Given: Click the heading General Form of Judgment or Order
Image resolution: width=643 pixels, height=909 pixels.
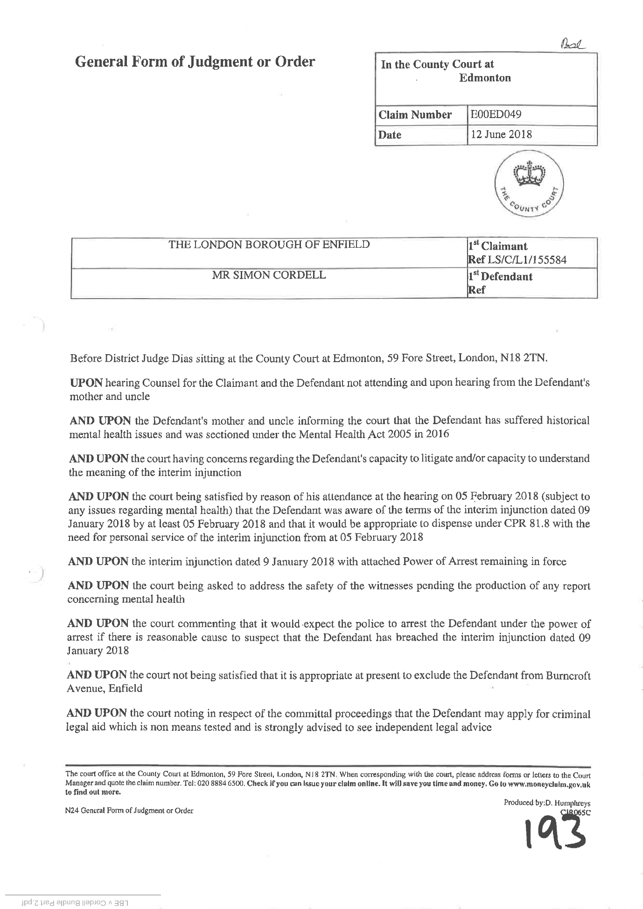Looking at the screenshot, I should coord(195,62).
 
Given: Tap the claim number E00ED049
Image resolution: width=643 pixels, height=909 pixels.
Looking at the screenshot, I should coord(496,114).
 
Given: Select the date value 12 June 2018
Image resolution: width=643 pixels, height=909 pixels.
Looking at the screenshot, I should coord(501,134).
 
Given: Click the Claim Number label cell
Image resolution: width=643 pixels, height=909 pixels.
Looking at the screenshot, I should coord(415,115).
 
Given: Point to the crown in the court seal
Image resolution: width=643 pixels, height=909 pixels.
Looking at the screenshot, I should coord(529,174).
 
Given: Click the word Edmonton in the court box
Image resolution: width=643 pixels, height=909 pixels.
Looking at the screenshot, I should coord(485,77).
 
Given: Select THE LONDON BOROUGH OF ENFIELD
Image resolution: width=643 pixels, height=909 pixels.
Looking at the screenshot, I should coord(269,244).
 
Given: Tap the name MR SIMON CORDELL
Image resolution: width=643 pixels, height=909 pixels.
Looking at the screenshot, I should coord(269,275).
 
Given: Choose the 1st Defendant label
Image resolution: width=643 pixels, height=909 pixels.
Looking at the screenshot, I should coord(500,277).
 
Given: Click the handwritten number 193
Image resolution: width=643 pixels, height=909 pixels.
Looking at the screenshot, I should coord(555,835).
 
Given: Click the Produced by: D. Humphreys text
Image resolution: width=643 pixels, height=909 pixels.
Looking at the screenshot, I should coord(547,803).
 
